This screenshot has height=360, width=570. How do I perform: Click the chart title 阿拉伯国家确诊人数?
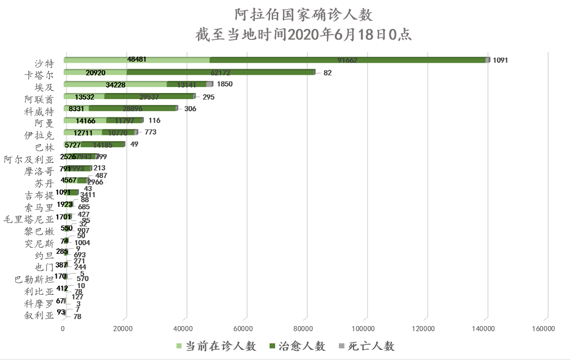pyautogui.click(x=304, y=15)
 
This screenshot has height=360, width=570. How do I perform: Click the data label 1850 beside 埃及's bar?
pyautogui.click(x=225, y=84)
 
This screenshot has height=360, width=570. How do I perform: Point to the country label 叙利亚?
pyautogui.click(x=39, y=316)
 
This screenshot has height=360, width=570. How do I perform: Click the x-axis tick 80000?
pyautogui.click(x=305, y=329)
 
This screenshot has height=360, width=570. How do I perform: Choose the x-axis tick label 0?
pyautogui.click(x=63, y=329)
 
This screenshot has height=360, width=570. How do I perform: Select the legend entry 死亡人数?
pyautogui.click(x=371, y=346)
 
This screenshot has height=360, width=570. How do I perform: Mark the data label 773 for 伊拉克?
pyautogui.click(x=150, y=132)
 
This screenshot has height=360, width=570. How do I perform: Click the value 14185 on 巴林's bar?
pyautogui.click(x=103, y=144)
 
